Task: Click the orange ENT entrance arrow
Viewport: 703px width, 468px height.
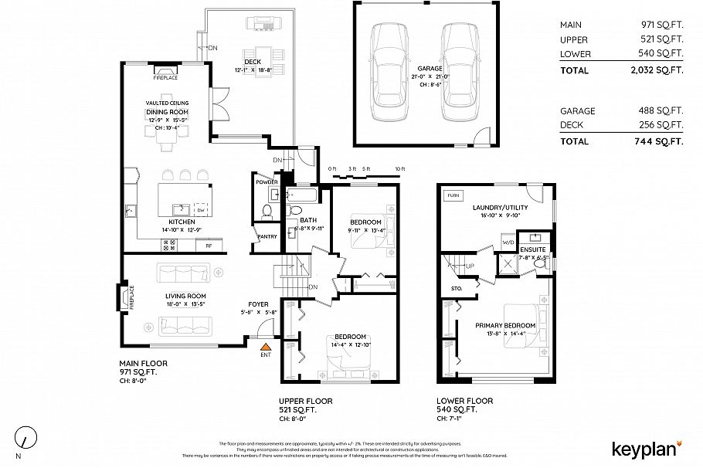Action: [266, 348]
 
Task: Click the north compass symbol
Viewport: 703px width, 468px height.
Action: [27, 437]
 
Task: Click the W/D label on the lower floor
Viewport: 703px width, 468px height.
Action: [508, 243]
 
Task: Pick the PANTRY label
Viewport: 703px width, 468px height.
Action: [267, 236]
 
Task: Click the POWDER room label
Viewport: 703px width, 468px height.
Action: [267, 181]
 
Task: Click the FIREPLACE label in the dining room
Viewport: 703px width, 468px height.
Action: [165, 78]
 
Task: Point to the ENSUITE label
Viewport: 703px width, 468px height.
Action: [533, 249]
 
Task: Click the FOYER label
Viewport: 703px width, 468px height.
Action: [258, 304]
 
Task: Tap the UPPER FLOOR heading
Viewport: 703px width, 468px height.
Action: [305, 402]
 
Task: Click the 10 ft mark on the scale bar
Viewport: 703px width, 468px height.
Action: [399, 169]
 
